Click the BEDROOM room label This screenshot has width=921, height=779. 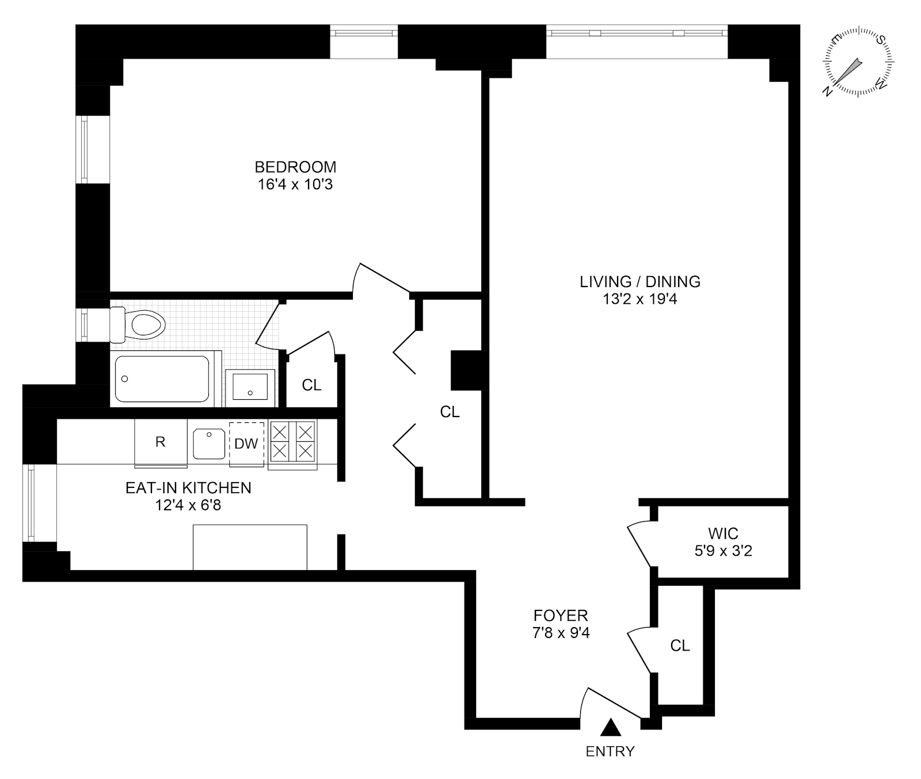pos(295,167)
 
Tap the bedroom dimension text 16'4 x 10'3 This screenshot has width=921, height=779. pos(295,185)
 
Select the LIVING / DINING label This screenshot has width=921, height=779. pos(640,281)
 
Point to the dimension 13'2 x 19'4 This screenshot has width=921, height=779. pos(640,299)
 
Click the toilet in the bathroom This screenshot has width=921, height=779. pos(141,324)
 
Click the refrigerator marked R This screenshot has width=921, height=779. pos(161,442)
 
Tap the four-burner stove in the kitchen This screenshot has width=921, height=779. pos(292,441)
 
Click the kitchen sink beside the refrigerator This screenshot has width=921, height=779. pos(208,443)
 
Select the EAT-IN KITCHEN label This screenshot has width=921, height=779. pos(188,488)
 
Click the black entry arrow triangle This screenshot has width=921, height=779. pos(610,728)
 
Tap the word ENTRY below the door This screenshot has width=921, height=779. pos(610,751)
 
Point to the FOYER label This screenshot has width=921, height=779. pos(561,616)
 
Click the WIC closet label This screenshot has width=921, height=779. pos(723,533)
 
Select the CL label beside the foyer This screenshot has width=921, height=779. pos(680,646)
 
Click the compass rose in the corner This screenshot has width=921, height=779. pos(858,61)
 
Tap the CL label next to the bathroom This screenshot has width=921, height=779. pos(311,385)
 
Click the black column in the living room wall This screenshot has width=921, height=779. pos(469,370)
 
